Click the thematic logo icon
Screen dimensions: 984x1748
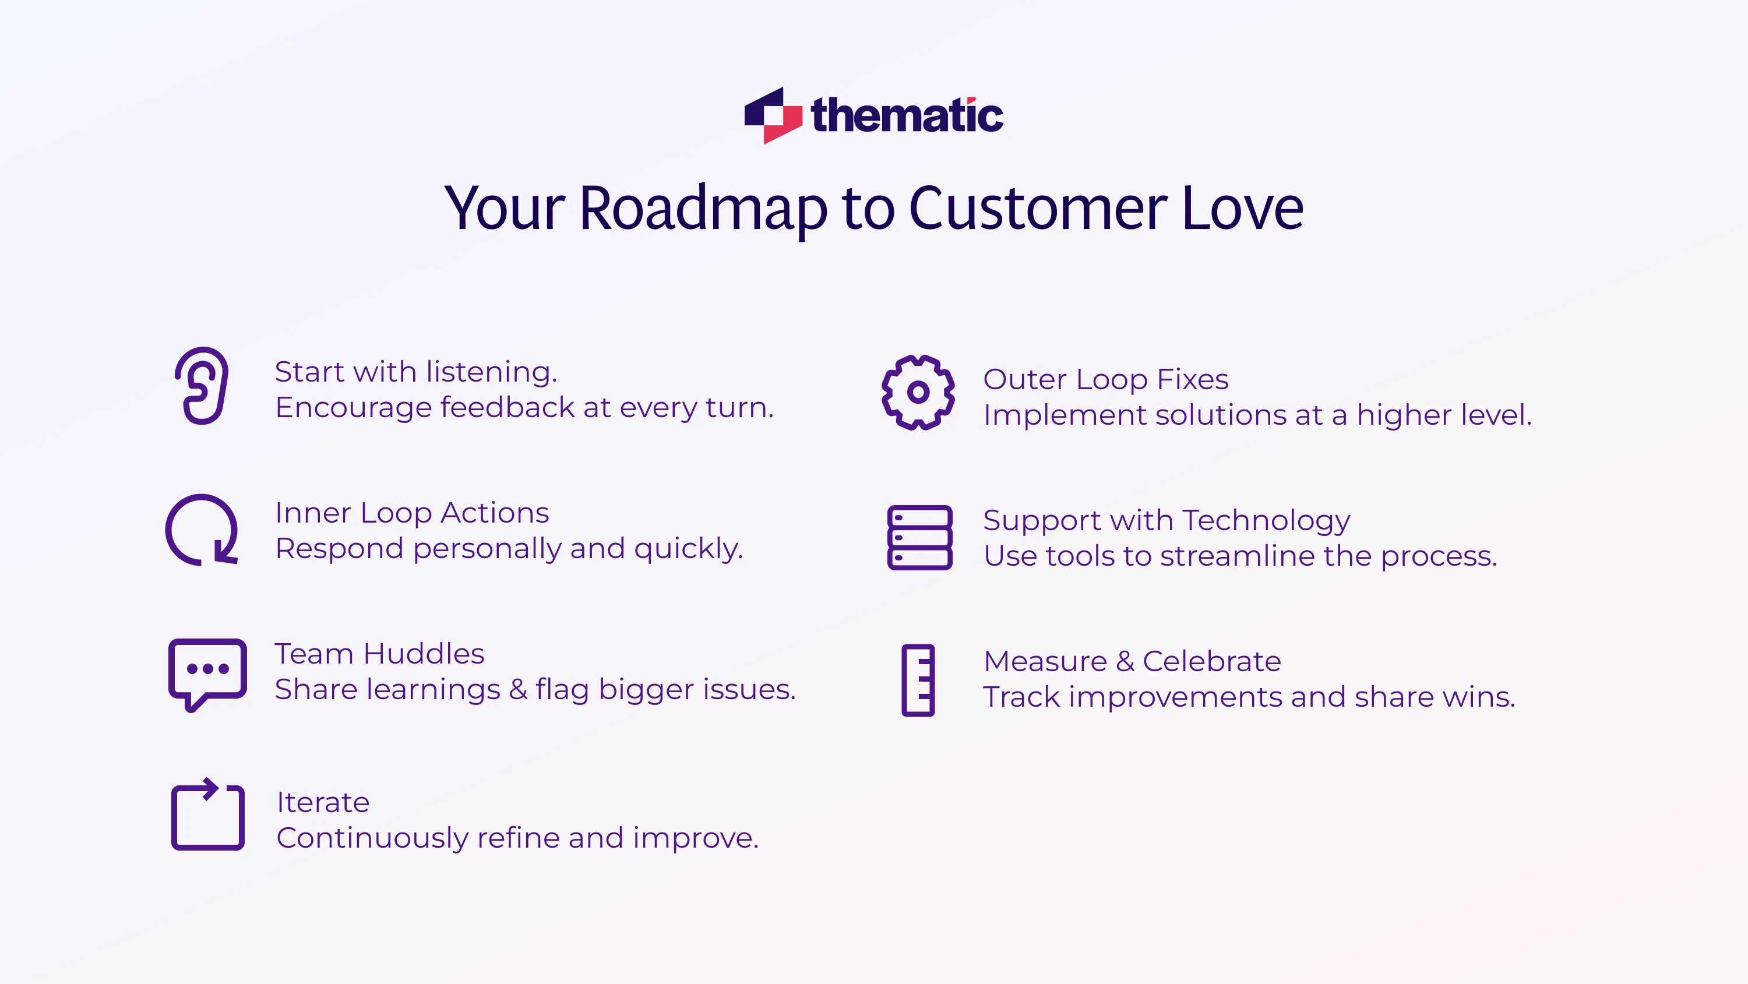pyautogui.click(x=773, y=115)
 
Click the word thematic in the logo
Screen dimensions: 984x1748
pyautogui.click(x=907, y=115)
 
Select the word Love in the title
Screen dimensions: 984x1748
pyautogui.click(x=1242, y=209)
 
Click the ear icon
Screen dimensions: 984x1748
pyautogui.click(x=202, y=386)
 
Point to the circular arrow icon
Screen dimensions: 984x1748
pyautogui.click(x=202, y=530)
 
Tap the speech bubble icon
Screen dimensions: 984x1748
pyautogui.click(x=207, y=673)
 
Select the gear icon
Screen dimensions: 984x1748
pyautogui.click(x=918, y=392)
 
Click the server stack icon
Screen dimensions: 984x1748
pyautogui.click(x=919, y=538)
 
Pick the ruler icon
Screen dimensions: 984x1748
pyautogui.click(x=918, y=680)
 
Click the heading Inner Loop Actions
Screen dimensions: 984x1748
pyautogui.click(x=412, y=513)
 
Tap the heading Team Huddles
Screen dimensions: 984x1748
pyautogui.click(x=379, y=654)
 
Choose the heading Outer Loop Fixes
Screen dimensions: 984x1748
pyautogui.click(x=1105, y=379)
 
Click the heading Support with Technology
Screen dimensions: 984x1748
pyautogui.click(x=1166, y=520)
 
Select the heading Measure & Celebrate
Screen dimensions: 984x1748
pyautogui.click(x=1132, y=662)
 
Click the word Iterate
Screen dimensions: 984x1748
pyautogui.click(x=323, y=803)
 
